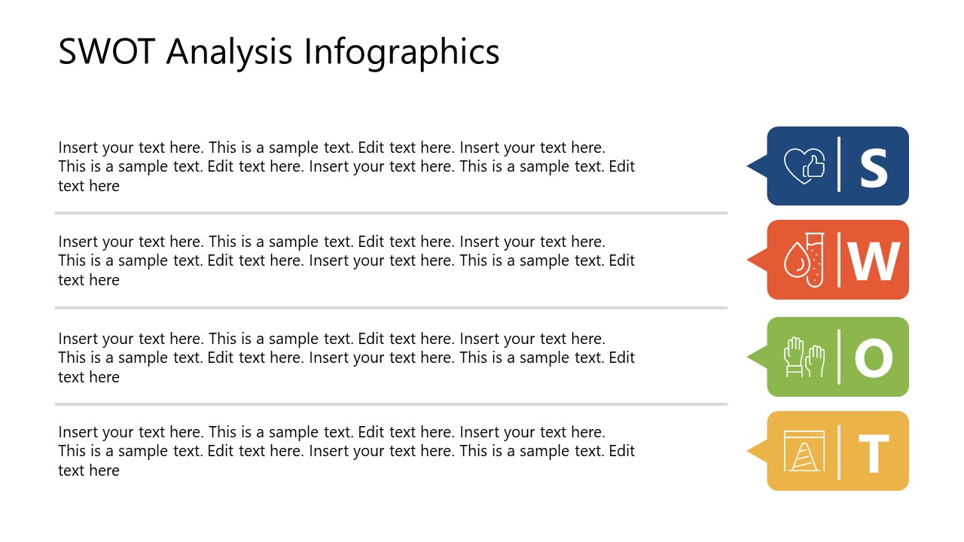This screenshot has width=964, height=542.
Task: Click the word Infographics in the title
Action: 401,53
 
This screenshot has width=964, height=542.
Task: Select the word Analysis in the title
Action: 230,52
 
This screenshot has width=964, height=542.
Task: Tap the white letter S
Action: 874,167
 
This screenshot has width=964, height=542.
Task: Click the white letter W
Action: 874,260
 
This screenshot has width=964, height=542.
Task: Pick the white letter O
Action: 874,358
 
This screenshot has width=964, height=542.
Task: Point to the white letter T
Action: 874,453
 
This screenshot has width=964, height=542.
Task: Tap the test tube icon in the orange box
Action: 814,259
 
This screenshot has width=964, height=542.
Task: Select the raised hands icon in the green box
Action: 804,357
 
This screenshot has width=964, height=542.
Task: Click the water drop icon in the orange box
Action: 795,262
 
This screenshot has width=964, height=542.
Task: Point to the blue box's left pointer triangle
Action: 758,166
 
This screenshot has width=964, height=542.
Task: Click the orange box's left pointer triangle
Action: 758,260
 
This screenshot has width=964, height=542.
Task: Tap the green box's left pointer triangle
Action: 758,357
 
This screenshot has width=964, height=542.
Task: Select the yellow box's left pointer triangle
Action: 758,451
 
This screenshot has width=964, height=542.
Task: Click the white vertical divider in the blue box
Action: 839,165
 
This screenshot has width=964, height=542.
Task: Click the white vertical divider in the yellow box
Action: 839,452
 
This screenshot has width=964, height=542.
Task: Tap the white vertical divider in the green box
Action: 839,357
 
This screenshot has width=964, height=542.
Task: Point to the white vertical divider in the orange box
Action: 839,260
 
